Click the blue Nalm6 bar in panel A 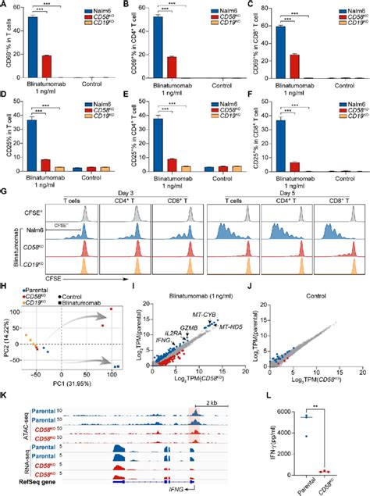click(33, 48)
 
